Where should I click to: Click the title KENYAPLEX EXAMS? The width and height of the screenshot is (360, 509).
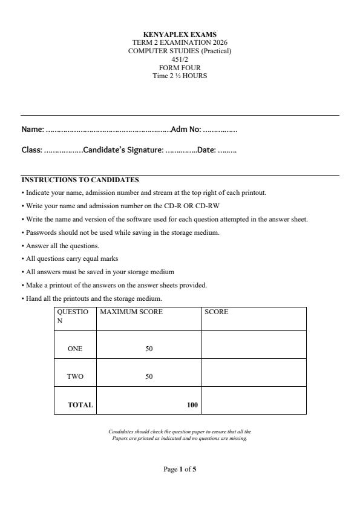180,34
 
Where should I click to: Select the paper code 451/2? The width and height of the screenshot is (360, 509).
180,59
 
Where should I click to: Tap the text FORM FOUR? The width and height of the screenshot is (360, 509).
180,68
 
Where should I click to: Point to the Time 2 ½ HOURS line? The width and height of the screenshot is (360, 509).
180,76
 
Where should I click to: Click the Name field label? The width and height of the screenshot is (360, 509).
33,129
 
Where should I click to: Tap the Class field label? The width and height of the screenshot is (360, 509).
31,150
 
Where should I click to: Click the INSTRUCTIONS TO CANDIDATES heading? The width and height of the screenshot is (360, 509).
80,180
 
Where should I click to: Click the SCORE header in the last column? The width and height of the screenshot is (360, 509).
217,312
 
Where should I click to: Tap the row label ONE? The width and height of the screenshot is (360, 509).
75,349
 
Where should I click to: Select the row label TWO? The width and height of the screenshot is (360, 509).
75,376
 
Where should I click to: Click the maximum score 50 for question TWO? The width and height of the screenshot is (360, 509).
149,376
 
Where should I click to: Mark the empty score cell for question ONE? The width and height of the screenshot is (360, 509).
253,344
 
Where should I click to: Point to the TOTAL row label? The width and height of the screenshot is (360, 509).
80,405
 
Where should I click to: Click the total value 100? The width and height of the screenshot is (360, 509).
192,405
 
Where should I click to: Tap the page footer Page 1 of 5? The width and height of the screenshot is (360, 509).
180,469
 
